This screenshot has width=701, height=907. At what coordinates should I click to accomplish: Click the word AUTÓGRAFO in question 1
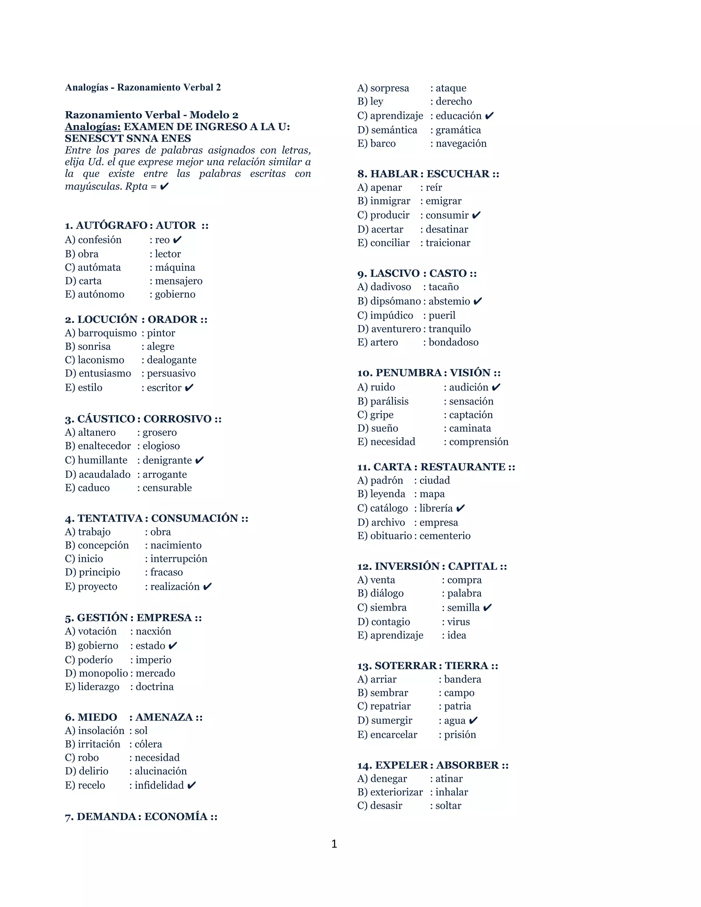111,226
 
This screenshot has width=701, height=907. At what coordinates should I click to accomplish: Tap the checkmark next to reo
177,240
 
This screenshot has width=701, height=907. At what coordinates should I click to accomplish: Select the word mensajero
179,281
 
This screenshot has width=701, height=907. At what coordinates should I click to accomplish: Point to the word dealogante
171,360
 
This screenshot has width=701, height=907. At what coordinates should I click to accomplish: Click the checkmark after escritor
189,387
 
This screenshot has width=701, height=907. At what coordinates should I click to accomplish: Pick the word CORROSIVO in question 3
177,419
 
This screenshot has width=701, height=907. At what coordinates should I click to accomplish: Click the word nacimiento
176,545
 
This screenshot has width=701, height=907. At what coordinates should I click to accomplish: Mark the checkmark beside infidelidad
191,785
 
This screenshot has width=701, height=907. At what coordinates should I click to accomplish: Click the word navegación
461,143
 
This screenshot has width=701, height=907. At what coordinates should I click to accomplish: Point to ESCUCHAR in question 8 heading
458,174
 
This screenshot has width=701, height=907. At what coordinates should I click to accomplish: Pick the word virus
458,622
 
